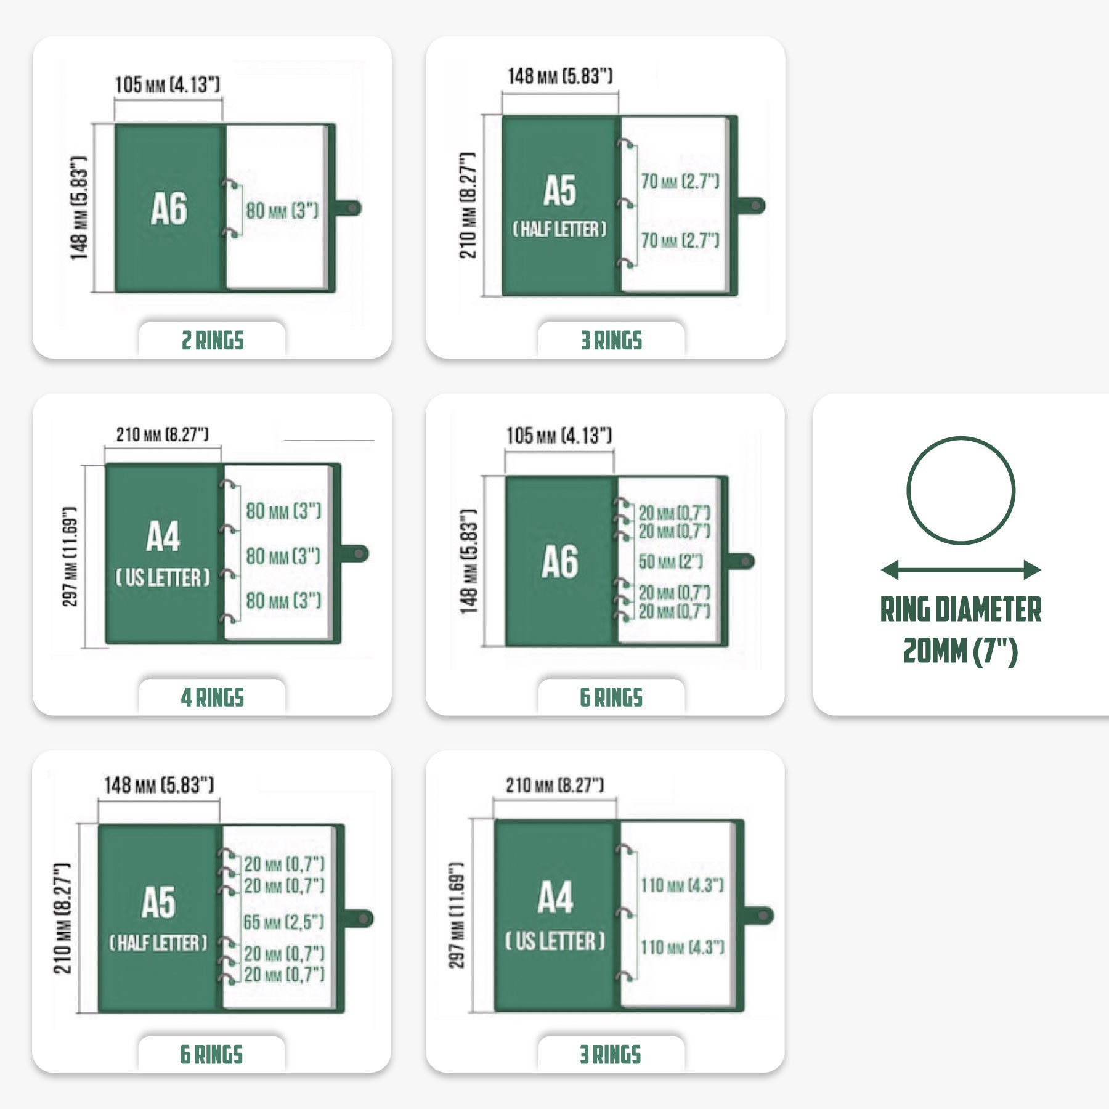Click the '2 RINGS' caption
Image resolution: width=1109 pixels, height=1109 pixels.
pos(213,341)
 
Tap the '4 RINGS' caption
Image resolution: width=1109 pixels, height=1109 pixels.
pos(213,698)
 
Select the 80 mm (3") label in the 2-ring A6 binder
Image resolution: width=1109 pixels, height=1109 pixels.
pos(282,211)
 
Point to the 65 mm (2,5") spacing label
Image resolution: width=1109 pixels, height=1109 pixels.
pos(283,922)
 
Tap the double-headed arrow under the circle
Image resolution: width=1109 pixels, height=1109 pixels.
pos(961,570)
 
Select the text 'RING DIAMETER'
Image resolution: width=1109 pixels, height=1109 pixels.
pos(961,610)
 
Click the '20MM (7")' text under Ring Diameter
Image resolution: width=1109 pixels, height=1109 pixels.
pos(961,651)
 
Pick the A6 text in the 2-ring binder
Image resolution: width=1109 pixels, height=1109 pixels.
pos(169,209)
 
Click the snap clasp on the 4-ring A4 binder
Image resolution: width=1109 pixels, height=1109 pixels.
pos(355,553)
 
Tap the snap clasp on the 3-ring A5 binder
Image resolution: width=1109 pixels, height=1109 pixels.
pos(751,206)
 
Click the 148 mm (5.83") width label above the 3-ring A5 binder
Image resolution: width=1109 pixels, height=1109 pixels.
pos(560,76)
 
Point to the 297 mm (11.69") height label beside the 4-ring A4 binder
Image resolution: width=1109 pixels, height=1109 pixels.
pos(70,556)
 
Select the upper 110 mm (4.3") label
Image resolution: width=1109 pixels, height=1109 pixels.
pos(682,885)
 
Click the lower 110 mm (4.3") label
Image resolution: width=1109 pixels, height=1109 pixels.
pos(682,947)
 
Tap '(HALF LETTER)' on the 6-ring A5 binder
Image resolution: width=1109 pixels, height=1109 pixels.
pos(158,943)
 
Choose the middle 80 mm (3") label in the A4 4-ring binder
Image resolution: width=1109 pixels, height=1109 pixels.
pos(283,556)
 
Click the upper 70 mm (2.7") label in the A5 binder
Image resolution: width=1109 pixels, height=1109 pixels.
pos(680,182)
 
